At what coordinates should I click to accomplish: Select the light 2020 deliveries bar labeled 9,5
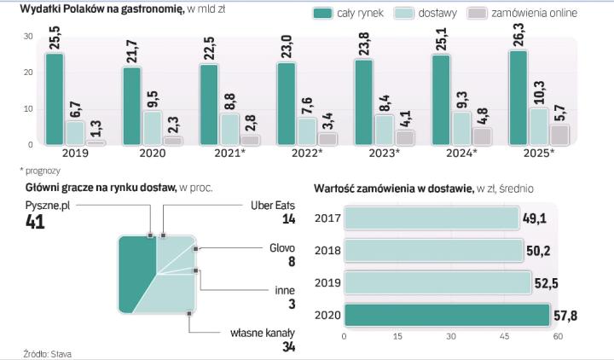pos(151,128)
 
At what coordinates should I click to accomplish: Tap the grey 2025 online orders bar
pos(559,135)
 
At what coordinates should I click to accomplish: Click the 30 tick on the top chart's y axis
pos(28,36)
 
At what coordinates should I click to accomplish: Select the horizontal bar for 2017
pos(432,218)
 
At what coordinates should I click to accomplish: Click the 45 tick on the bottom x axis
pos(505,337)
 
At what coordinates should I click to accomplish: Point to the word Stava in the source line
pos(59,352)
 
